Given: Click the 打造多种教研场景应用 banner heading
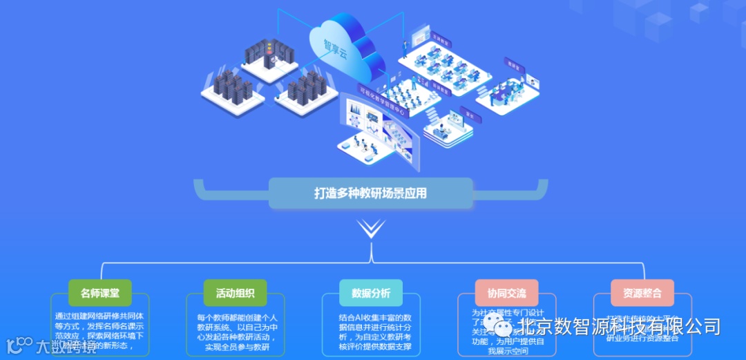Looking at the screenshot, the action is pos(370,193).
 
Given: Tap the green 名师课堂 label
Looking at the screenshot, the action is pos(99,293).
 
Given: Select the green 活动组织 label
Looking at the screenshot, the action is pos(236,293).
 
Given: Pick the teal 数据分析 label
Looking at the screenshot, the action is pos(371,293).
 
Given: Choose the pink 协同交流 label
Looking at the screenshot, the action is pos(506,293).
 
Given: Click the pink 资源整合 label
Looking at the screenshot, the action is pos(642,293).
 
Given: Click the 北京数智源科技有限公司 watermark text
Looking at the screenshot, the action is pos(619,325).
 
